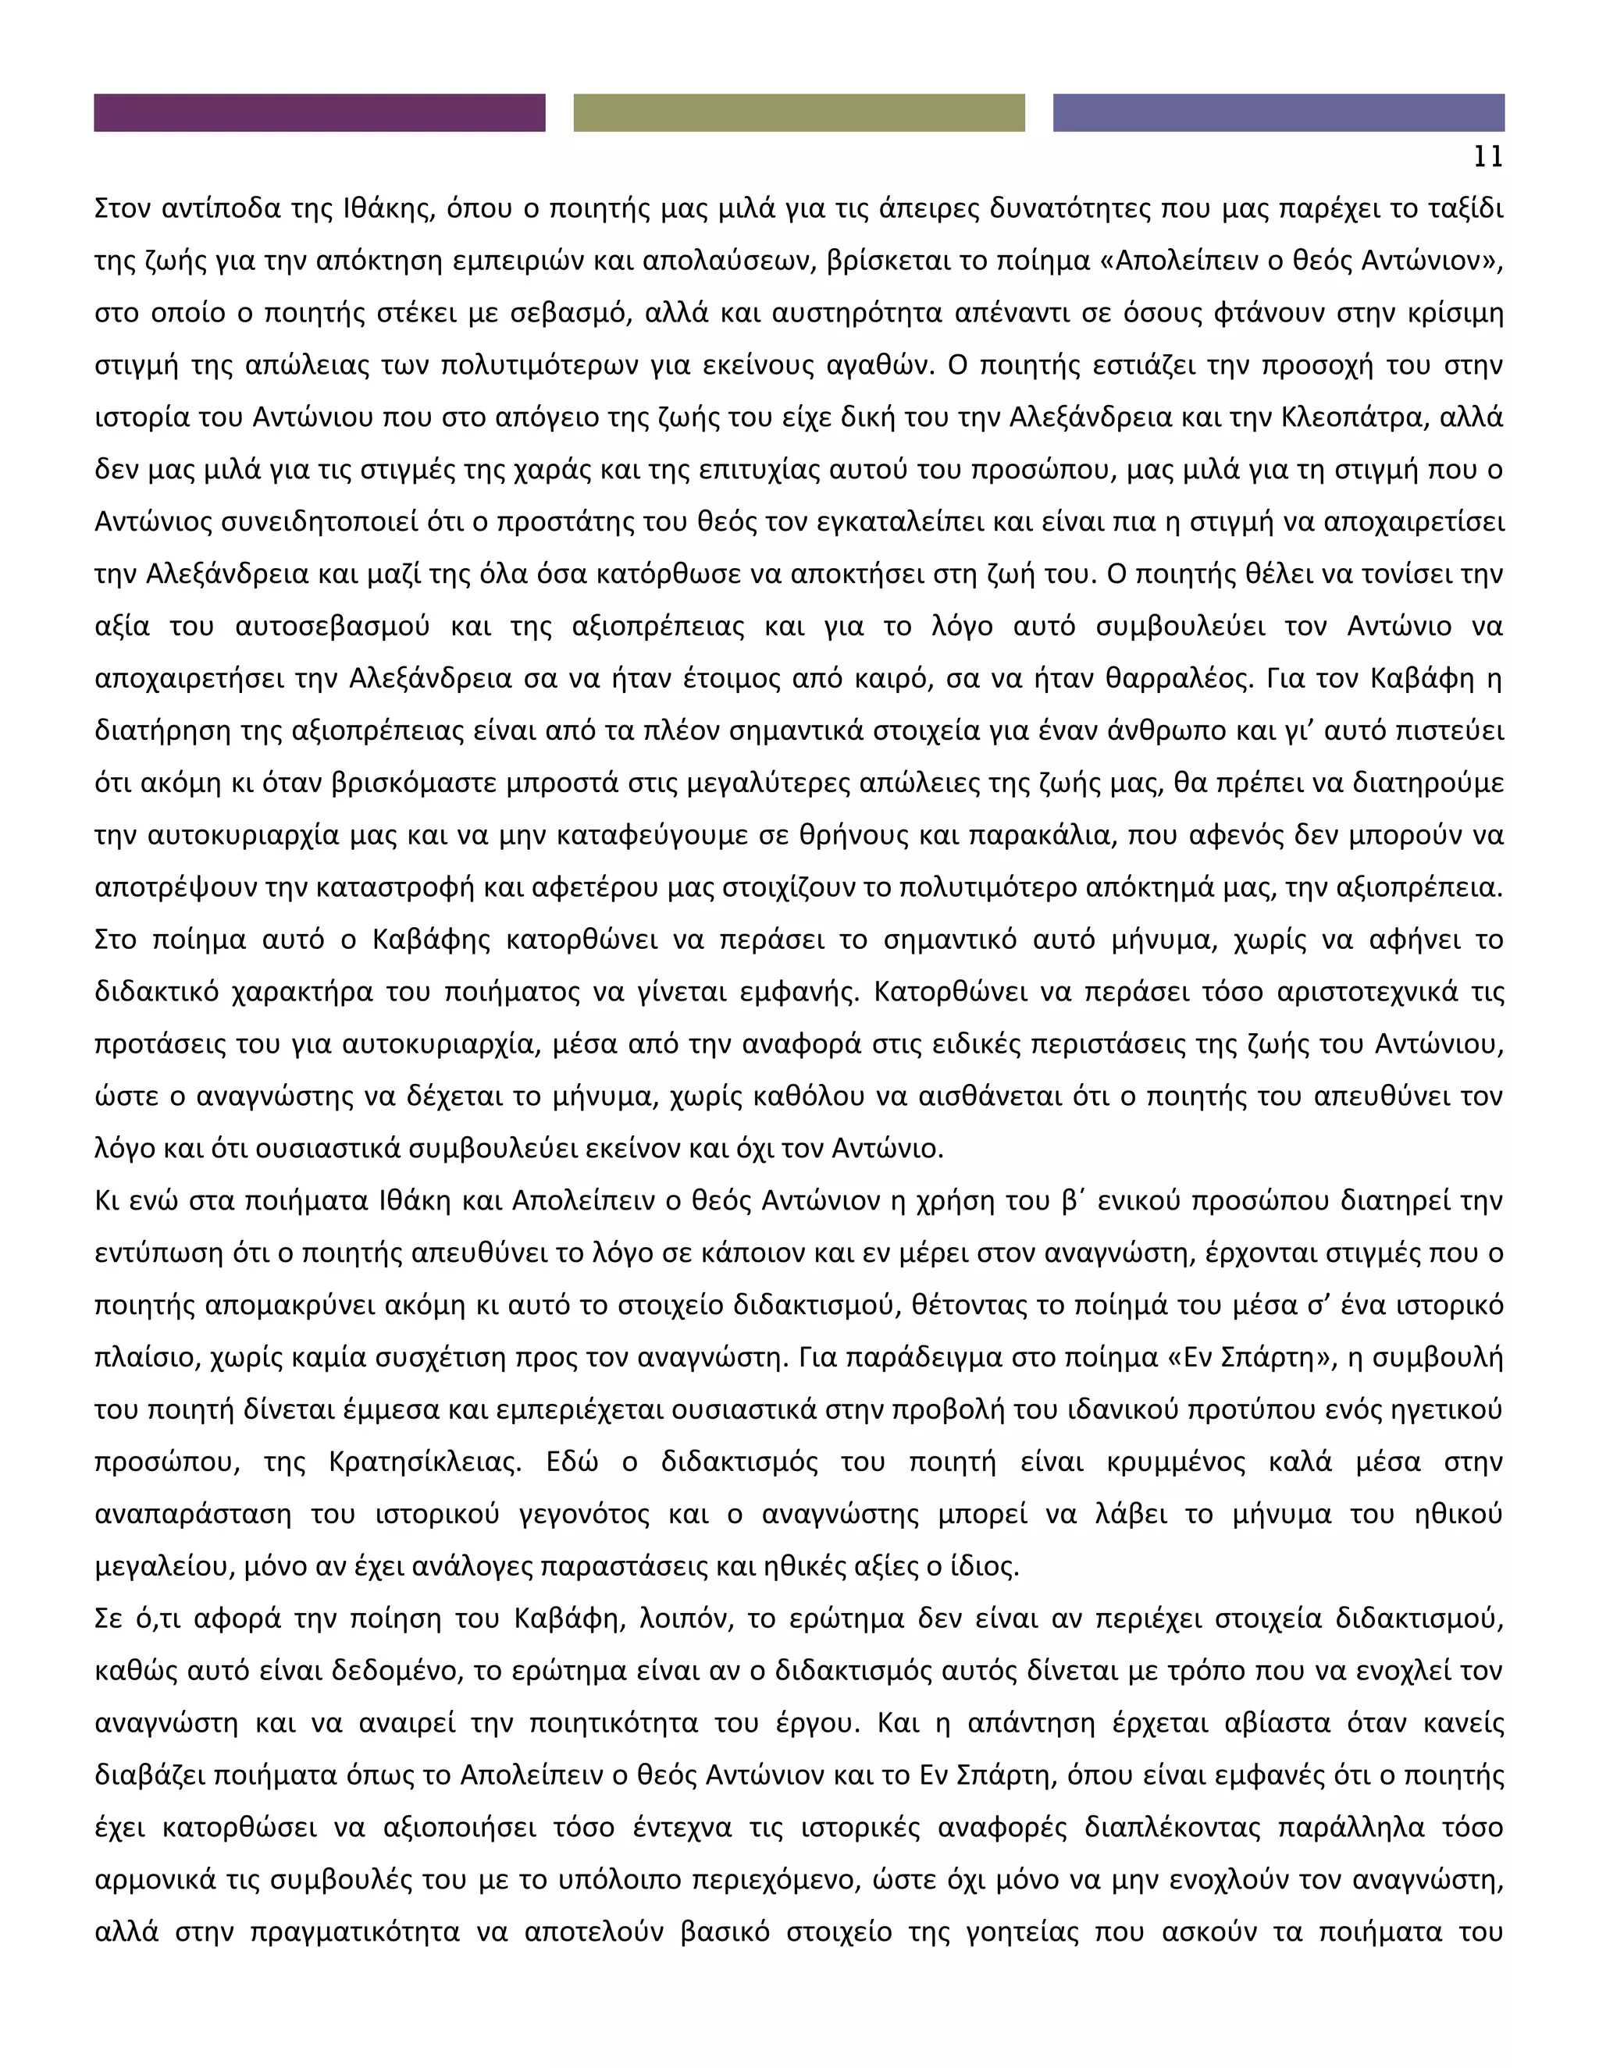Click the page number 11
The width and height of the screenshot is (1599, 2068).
[1488, 157]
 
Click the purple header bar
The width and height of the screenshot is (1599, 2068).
[319, 112]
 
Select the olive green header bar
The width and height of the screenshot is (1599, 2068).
[799, 112]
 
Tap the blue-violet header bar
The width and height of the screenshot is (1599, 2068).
[1278, 112]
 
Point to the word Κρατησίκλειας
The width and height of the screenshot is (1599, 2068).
[425, 1462]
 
